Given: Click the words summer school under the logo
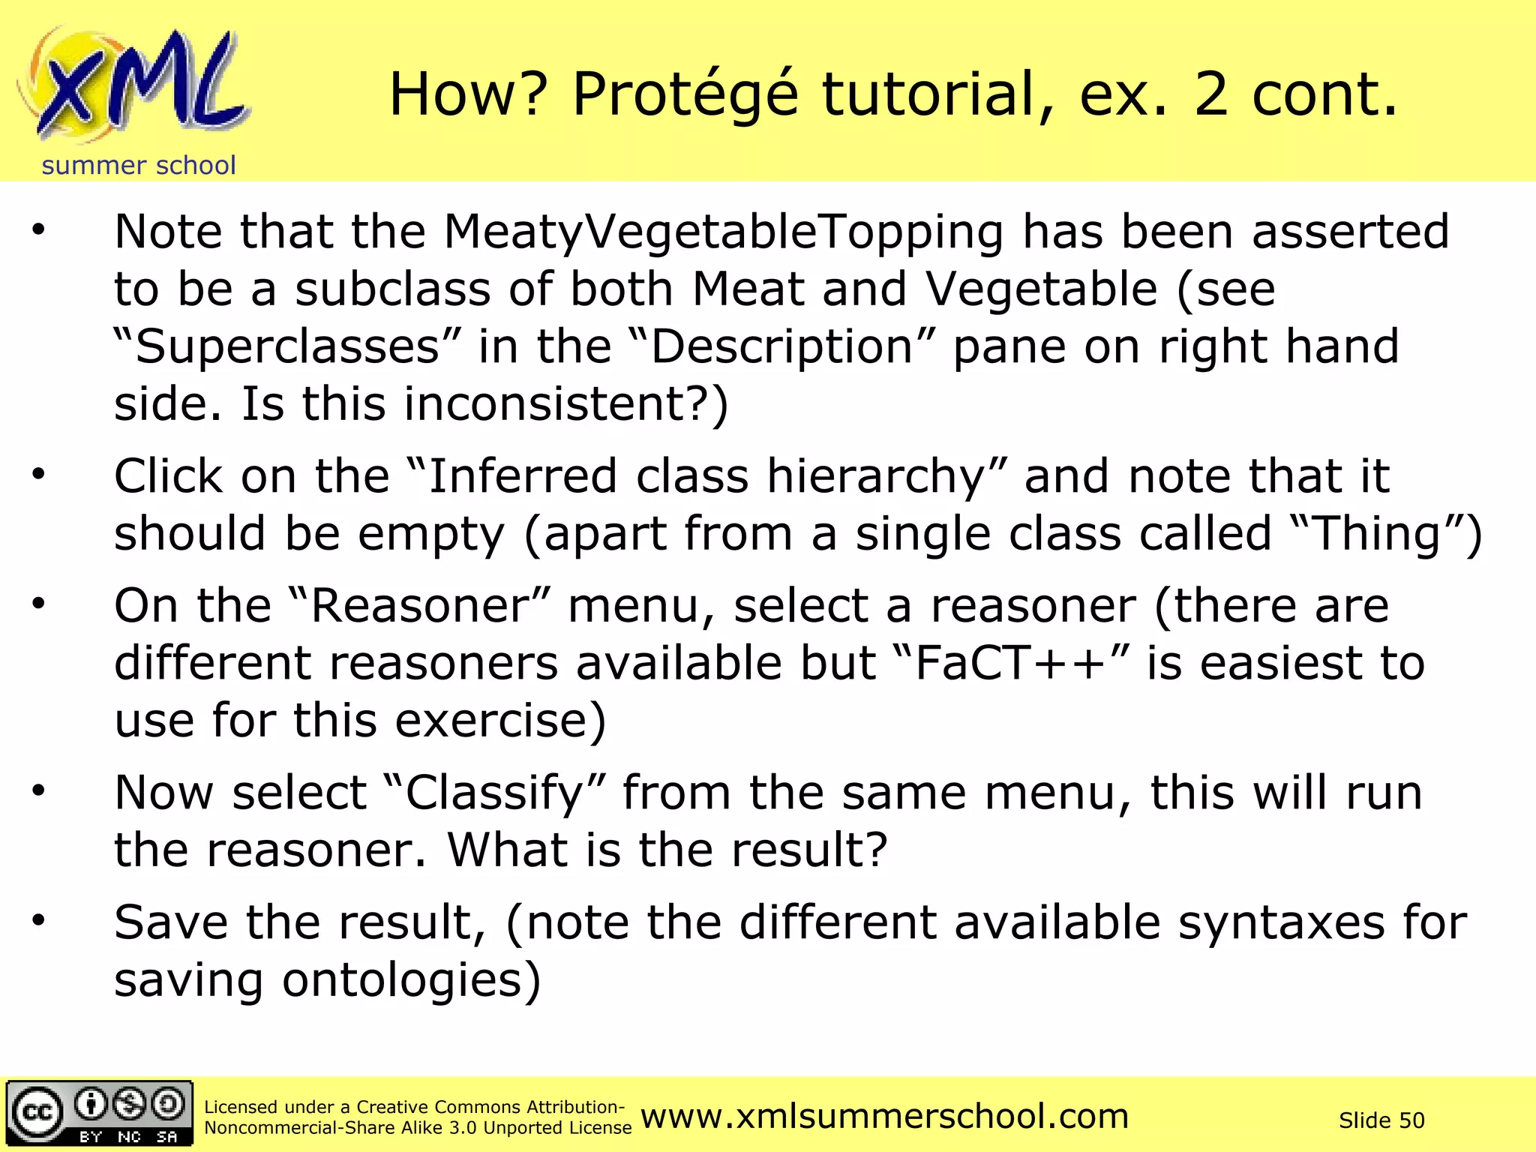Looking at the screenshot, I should [139, 166].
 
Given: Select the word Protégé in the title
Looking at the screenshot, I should [685, 95].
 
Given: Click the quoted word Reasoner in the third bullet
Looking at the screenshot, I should [420, 606].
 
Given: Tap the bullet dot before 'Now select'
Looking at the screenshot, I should [39, 790].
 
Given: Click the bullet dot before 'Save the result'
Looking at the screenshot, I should [39, 920].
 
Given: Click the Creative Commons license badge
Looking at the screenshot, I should [100, 1114].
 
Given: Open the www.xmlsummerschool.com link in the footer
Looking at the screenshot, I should [884, 1117].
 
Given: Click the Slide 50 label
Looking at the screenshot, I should [1381, 1120].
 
